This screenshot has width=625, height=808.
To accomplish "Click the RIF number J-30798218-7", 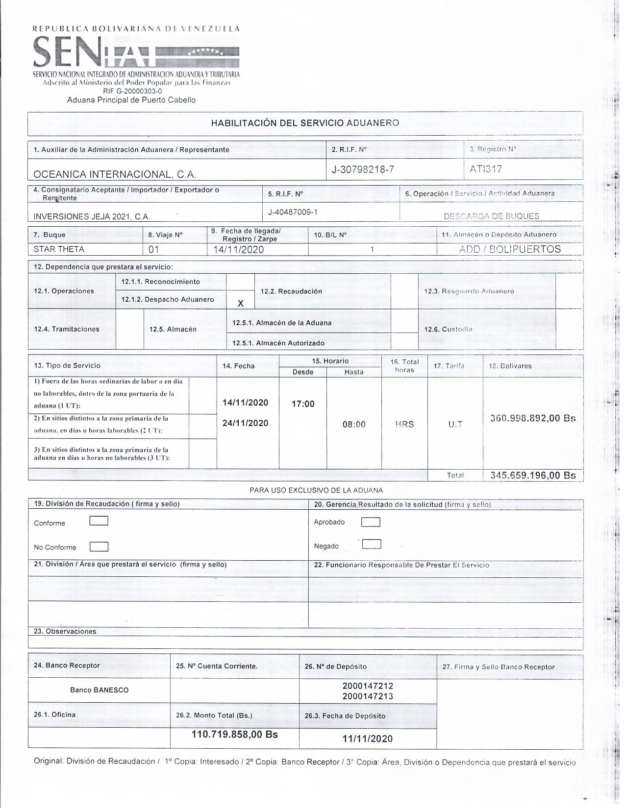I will (x=363, y=169).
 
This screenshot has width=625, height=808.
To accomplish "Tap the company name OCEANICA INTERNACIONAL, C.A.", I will (x=115, y=174).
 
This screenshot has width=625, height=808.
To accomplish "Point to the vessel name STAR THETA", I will (x=59, y=249).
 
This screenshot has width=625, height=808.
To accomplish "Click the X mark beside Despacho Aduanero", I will (x=240, y=304).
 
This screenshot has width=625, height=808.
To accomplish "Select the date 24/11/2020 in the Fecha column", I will (x=245, y=423).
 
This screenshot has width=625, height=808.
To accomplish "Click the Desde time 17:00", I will (x=303, y=404).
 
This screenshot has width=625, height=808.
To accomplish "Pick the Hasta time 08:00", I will (x=354, y=425).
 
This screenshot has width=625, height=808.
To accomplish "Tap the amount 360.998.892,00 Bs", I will (x=533, y=418).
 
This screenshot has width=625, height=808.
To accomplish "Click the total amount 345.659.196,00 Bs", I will (x=533, y=475).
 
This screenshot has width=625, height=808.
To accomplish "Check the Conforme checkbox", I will (x=99, y=521).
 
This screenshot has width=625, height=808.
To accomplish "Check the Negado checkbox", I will (x=372, y=544).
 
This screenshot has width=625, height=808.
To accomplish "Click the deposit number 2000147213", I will (x=368, y=696).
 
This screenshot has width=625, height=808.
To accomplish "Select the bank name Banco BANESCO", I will (x=99, y=690).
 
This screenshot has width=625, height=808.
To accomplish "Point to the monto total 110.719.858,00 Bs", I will (x=235, y=735).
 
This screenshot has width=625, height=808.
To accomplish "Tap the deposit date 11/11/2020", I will (x=368, y=739).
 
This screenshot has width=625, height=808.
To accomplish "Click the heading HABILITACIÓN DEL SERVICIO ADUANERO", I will (x=305, y=123).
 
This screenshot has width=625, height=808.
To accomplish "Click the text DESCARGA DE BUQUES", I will (x=491, y=216).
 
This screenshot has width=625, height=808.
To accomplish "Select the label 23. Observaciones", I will (x=65, y=631).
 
